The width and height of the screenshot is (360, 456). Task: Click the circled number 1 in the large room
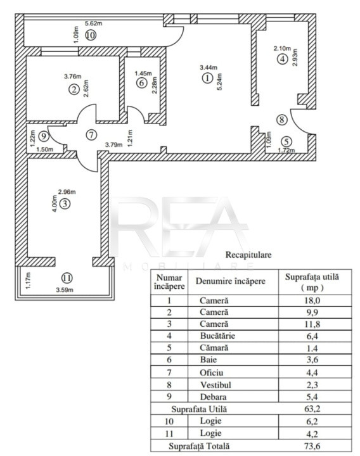click(x=207, y=79)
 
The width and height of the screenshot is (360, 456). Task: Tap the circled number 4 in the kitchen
click(x=282, y=59)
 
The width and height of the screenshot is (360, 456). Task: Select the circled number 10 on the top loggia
click(x=91, y=35)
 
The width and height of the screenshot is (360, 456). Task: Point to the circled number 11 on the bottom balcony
click(x=67, y=278)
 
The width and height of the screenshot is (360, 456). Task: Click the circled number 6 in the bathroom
click(x=141, y=83)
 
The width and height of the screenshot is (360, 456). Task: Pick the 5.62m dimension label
click(x=93, y=23)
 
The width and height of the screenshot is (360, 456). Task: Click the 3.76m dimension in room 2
click(x=72, y=77)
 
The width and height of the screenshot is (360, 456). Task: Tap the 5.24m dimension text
click(x=219, y=82)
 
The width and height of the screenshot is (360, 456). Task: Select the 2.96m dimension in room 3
click(x=67, y=192)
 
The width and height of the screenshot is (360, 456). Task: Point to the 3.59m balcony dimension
click(x=65, y=289)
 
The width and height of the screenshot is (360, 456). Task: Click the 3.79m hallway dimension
click(x=114, y=144)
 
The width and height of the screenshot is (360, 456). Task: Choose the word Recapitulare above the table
click(x=248, y=255)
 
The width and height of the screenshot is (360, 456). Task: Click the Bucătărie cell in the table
click(x=217, y=336)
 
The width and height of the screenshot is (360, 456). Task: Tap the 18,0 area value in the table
click(x=312, y=300)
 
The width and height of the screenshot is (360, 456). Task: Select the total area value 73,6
click(x=312, y=446)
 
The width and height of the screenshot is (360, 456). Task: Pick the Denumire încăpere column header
click(x=231, y=281)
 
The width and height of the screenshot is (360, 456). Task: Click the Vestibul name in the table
click(x=215, y=385)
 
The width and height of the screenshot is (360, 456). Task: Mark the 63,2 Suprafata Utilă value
click(x=312, y=408)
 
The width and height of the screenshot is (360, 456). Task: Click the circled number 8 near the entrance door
click(x=281, y=120)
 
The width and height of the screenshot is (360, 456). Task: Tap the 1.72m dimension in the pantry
click(x=286, y=150)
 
